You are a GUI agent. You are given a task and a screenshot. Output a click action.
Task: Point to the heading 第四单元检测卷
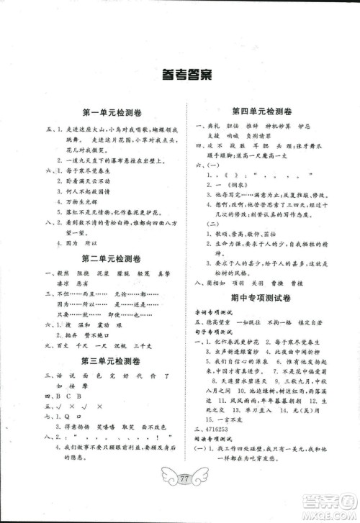coord(256,112)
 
